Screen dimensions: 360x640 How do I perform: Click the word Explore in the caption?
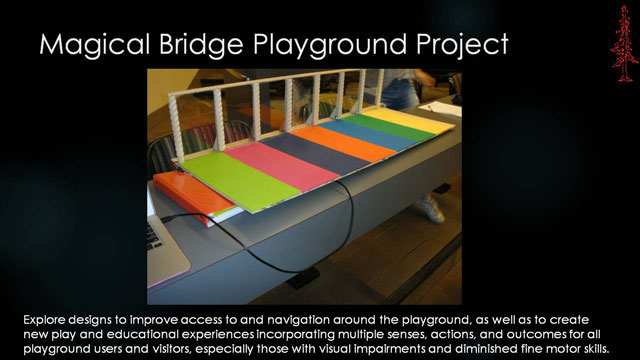tap(46, 318)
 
